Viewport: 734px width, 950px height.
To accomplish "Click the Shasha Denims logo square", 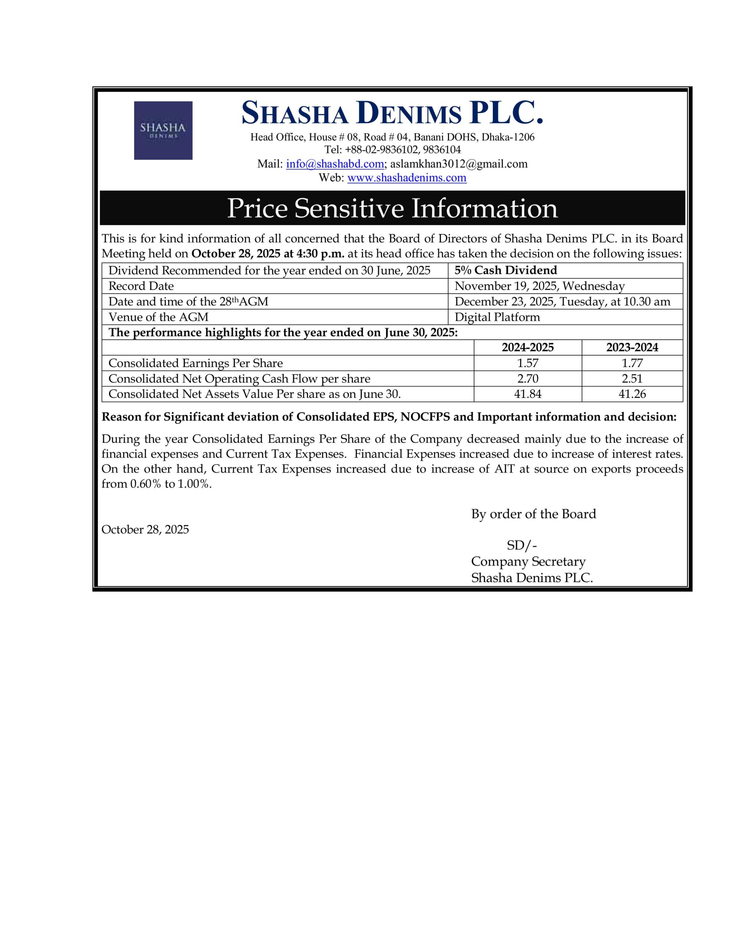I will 163,131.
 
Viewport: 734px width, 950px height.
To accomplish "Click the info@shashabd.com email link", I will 335,164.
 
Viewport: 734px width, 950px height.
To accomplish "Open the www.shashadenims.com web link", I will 407,178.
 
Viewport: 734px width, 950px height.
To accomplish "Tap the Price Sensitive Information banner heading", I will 392,208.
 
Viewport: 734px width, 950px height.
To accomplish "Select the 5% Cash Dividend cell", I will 505,271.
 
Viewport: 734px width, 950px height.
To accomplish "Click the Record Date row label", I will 141,286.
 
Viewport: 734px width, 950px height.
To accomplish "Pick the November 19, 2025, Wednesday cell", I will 540,286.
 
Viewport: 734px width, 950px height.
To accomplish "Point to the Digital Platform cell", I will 497,317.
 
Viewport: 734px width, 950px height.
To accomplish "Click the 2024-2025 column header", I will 527,348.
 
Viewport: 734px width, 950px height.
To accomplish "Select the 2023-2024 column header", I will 632,348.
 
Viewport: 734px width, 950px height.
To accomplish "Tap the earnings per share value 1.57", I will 527,363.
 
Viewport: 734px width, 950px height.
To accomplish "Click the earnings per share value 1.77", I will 632,363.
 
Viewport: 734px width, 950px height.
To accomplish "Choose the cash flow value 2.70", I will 527,379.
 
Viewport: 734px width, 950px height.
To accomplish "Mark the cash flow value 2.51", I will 632,379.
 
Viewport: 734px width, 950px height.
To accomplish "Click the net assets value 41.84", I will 527,394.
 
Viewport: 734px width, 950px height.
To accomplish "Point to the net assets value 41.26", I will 632,394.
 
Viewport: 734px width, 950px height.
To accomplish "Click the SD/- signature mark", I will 522,546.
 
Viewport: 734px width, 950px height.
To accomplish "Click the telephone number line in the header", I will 392,150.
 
